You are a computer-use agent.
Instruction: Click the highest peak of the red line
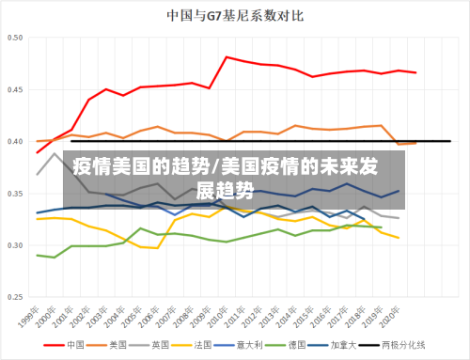point(227,57)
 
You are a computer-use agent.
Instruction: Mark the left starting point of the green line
point(38,255)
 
